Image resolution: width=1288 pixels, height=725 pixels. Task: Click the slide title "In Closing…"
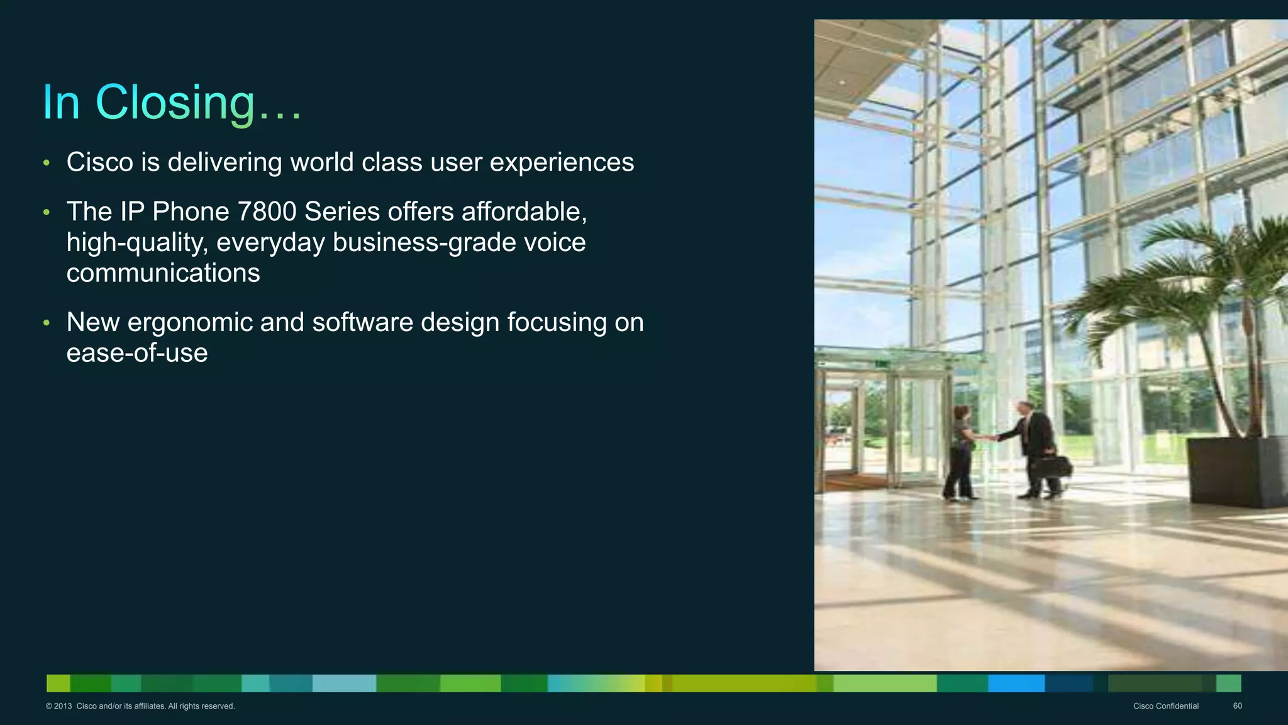(172, 102)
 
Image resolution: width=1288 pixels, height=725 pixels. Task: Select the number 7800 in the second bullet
(267, 211)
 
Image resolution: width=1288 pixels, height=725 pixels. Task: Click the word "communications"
(163, 273)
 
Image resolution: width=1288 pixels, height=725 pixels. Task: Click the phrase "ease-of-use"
(137, 353)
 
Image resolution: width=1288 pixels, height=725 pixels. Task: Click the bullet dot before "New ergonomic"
(46, 323)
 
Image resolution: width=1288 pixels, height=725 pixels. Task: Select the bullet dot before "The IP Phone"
(46, 213)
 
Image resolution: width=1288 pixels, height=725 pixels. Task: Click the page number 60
(1237, 706)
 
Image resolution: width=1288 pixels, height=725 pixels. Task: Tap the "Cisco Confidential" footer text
(1165, 706)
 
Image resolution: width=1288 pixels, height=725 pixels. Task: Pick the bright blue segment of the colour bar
(1016, 683)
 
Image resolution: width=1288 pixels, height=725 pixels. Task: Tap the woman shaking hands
(960, 450)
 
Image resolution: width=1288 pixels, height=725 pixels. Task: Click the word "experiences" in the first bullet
(562, 162)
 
